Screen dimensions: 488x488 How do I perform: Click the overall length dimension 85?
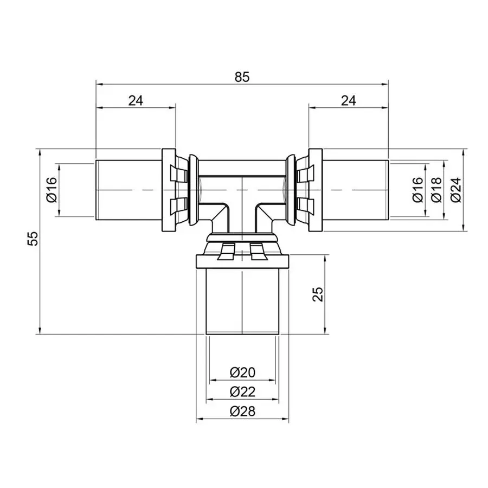click(x=242, y=77)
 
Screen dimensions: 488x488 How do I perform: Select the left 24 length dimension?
click(x=136, y=100)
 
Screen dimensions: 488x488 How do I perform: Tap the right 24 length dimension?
click(x=349, y=100)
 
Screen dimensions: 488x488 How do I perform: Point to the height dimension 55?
click(x=34, y=239)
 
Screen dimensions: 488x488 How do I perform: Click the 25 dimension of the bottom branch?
click(x=318, y=293)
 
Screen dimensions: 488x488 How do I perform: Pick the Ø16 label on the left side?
click(x=52, y=190)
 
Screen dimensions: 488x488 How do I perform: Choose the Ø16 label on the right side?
click(x=417, y=190)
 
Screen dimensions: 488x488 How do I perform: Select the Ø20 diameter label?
click(x=242, y=373)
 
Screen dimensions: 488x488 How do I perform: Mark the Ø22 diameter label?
click(x=242, y=391)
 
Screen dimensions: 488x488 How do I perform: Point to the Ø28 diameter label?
click(x=242, y=411)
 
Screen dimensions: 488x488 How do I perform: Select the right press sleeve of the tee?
click(x=355, y=190)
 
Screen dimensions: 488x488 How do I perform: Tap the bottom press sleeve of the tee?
click(x=242, y=301)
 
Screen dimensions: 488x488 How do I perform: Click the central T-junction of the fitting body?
click(x=242, y=190)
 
